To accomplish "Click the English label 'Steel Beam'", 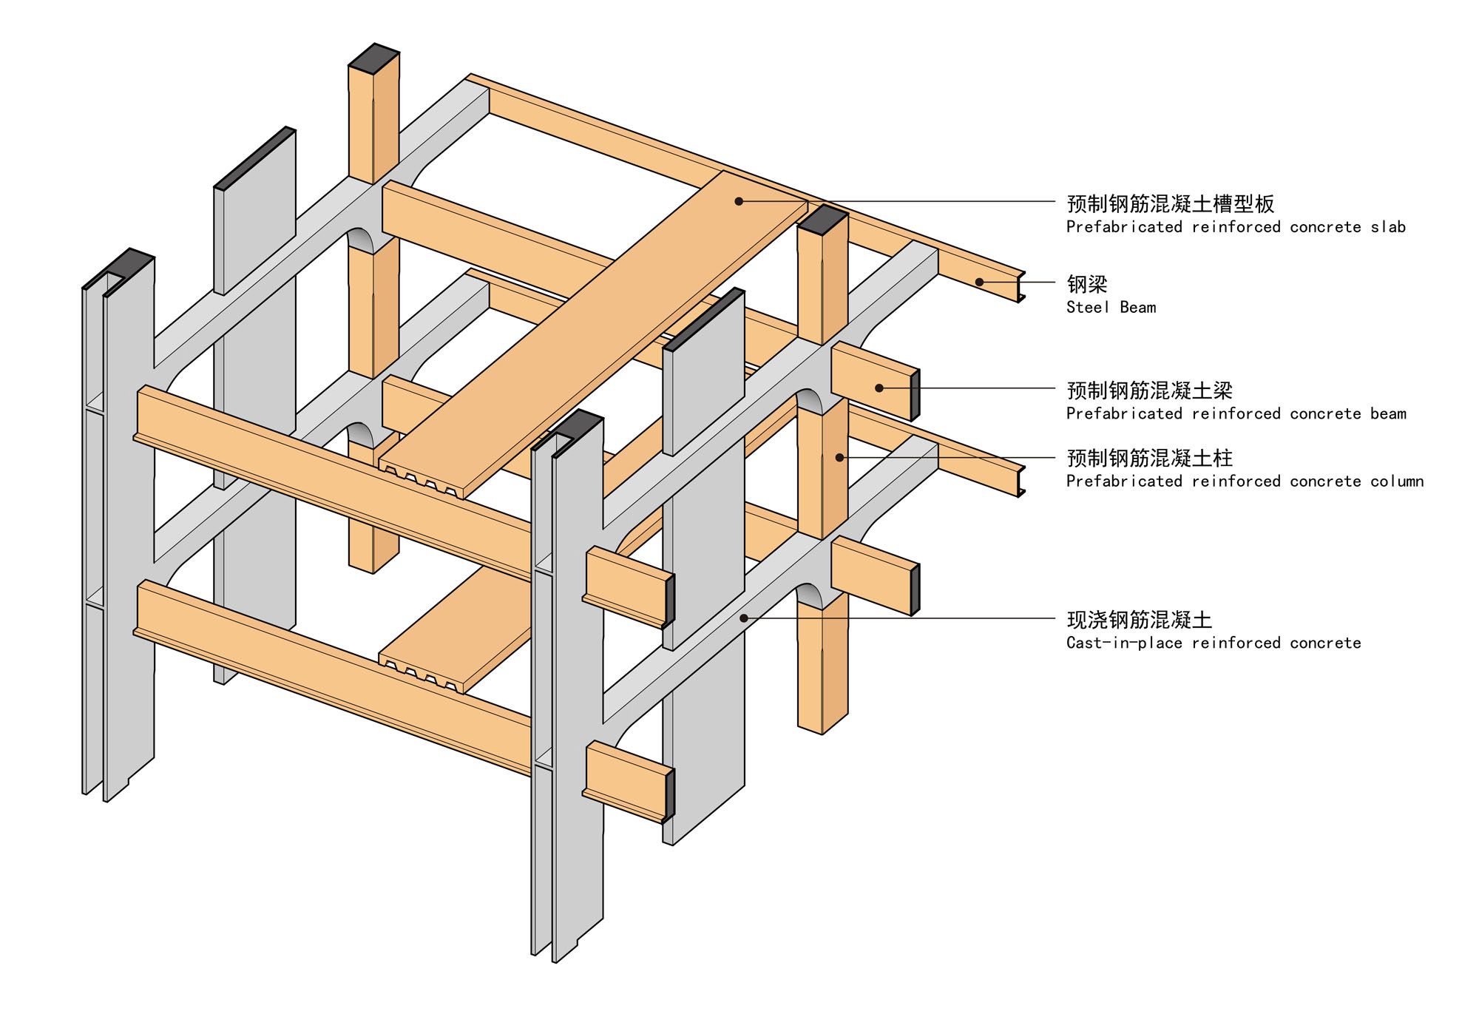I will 1111,308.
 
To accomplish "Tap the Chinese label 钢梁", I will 1086,284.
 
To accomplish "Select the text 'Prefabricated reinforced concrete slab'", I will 1235,227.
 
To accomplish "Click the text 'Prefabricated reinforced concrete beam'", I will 1236,413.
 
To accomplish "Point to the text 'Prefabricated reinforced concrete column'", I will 1245,481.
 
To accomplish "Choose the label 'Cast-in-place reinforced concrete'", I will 1213,643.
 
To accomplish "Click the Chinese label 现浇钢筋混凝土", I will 1139,620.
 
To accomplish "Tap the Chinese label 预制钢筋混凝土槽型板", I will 1170,203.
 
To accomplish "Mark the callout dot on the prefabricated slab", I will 739,201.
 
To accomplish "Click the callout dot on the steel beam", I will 979,282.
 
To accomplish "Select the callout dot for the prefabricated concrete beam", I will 879,388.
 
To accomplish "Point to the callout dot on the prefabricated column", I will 839,458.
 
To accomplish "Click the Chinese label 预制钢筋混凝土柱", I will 1149,459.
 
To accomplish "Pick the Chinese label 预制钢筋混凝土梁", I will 1149,391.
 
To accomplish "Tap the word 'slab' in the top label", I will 1388,227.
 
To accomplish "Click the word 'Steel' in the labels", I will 1088,308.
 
